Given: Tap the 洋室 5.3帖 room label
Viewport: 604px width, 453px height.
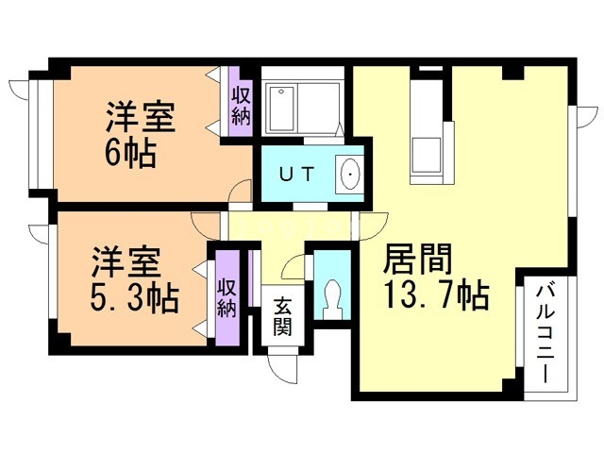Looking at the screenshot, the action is [134, 280].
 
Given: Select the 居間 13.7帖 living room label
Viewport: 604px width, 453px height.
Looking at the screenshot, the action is [436, 277].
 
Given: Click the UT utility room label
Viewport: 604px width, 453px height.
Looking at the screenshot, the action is [296, 175].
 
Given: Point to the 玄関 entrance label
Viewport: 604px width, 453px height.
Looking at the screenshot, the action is [282, 317].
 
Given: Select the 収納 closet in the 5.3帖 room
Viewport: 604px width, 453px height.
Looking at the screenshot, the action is [227, 298].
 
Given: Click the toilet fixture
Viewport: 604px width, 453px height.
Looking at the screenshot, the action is [332, 300].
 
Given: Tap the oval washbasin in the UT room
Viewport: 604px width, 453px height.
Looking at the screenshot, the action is [350, 175].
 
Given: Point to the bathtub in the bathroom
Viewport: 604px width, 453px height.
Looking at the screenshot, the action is [281, 109].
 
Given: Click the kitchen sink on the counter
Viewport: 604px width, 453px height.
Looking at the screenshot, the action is [427, 154].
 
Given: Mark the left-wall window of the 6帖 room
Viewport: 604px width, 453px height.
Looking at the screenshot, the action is [41, 134].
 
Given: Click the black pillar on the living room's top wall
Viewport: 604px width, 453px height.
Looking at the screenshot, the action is [512, 73].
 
